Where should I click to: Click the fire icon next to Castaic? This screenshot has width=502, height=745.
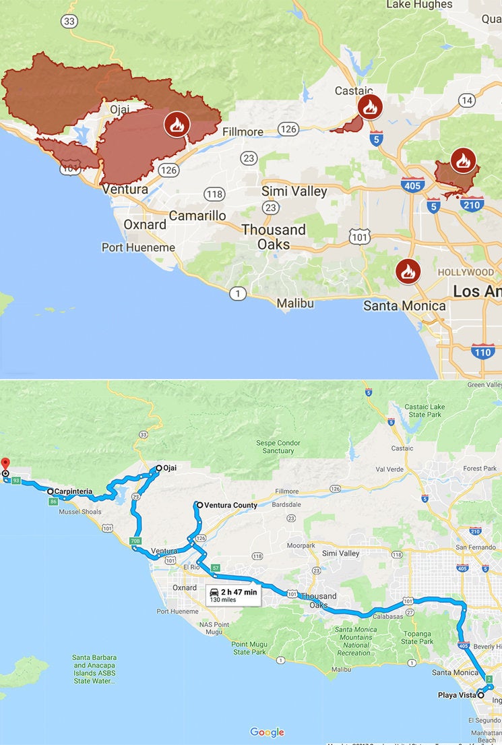370,107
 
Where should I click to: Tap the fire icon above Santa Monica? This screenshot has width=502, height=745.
408,272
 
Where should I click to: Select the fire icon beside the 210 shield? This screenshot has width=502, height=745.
463,160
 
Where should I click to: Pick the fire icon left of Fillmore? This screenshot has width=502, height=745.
177,124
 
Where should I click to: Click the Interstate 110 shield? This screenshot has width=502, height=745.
482,351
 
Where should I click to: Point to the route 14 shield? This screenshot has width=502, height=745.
466,100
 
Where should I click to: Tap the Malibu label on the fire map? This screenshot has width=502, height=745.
295,303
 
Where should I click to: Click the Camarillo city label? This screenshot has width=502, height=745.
197,216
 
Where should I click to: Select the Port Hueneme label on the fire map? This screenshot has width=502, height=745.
138,247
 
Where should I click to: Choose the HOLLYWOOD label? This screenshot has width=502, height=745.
466,272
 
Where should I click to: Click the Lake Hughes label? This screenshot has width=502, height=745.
418,5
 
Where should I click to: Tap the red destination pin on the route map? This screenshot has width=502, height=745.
5,464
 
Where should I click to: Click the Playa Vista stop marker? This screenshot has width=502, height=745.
480,694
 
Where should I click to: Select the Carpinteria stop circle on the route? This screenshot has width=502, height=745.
51,491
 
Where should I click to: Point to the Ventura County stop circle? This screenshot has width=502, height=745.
199,504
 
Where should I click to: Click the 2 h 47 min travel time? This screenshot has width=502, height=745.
240,592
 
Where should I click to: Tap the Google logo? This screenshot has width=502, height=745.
267,732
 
